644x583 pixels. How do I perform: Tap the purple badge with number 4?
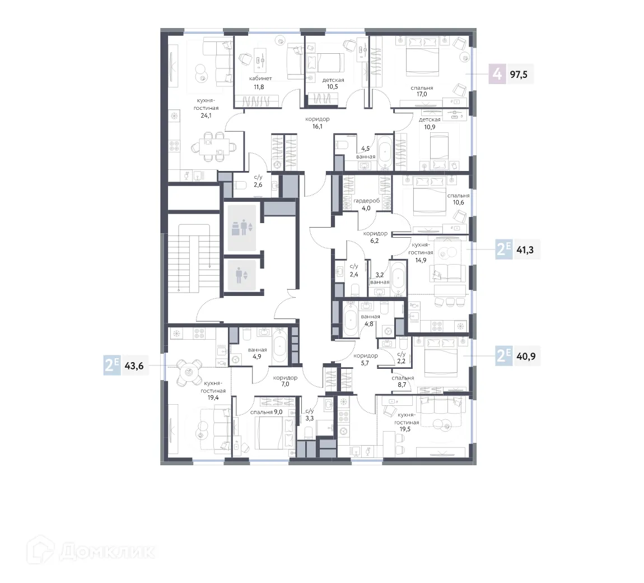tap(496, 74)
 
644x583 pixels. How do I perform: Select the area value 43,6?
tap(134, 365)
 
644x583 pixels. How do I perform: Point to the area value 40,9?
tap(525, 355)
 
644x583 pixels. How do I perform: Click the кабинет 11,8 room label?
tap(260, 83)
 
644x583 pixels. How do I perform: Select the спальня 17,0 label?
tap(421, 91)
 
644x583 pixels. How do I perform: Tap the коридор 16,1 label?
tap(318, 123)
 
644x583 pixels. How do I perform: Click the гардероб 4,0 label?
tap(366, 204)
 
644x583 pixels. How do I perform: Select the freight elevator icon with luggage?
tap(242, 228)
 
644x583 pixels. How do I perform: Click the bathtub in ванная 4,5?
tap(385, 152)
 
